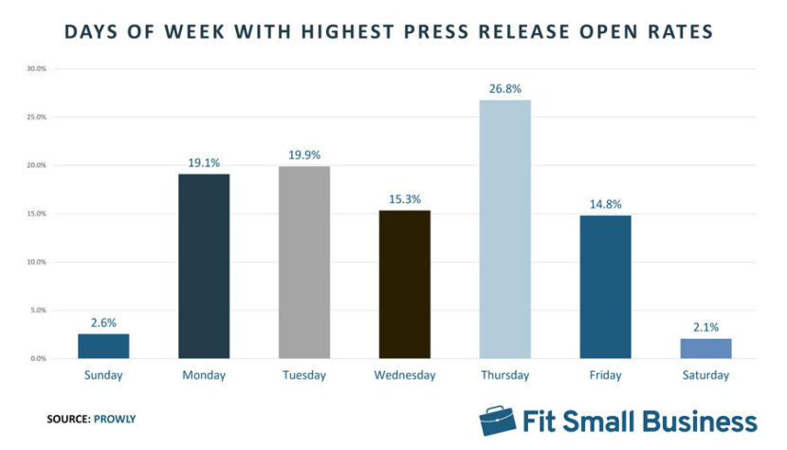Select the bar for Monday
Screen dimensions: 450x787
coord(204,266)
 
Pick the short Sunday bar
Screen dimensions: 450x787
coord(103,346)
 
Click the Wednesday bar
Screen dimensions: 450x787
coord(404,284)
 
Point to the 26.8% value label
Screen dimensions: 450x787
coord(504,88)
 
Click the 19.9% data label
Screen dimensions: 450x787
coord(303,155)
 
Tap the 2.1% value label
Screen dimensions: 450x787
coord(705,327)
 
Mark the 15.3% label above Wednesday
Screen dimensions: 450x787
coord(404,198)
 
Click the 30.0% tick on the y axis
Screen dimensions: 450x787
coord(35,69)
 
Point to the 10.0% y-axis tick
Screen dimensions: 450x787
coord(35,262)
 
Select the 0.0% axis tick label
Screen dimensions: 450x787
coord(37,359)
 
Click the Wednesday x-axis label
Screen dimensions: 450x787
coord(404,376)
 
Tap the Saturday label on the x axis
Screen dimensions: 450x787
coord(705,376)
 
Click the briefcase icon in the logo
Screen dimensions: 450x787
coord(495,421)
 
